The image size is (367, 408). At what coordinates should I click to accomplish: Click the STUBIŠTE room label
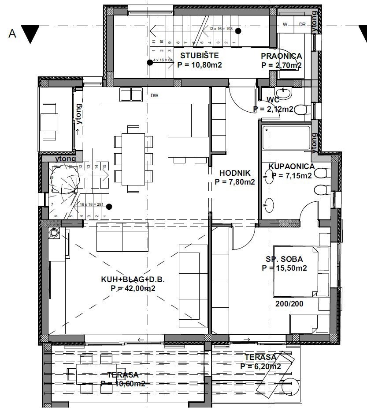199,56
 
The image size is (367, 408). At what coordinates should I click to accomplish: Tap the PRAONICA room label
281,56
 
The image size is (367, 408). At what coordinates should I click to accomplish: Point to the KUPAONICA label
291,166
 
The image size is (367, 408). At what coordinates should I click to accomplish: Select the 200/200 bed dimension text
289,304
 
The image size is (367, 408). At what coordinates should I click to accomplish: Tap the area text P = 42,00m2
133,288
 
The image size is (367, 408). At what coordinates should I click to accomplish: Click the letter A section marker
12,34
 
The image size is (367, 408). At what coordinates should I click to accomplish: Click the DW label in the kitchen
154,95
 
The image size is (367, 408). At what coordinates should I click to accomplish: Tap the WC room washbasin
285,93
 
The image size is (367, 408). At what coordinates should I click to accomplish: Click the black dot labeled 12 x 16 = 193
238,31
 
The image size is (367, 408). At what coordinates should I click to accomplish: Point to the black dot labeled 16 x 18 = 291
109,206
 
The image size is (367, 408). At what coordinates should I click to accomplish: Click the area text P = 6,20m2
261,366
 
